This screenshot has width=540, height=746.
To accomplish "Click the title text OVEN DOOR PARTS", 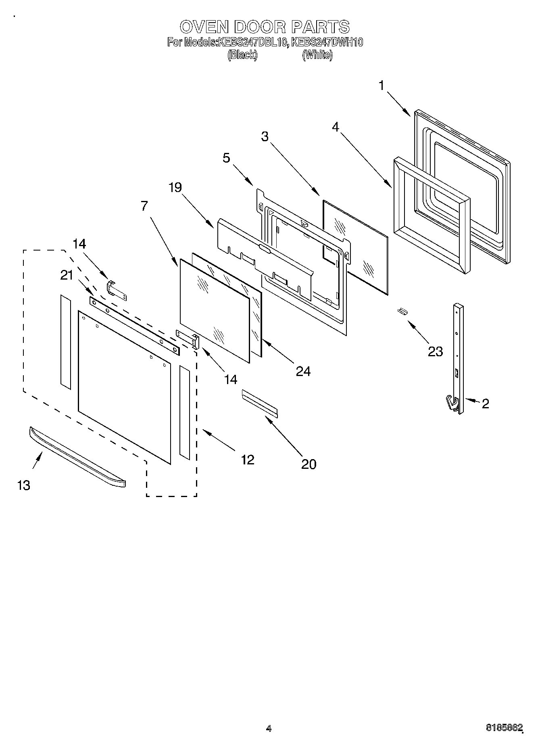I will point(265,27).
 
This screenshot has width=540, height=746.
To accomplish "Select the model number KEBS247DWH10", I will point(327,42).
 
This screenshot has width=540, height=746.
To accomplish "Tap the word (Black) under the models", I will point(242,55).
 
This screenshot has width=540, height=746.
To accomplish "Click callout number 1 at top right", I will point(381,86).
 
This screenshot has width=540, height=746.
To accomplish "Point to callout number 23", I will point(435,351).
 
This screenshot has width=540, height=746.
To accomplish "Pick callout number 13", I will point(23,485).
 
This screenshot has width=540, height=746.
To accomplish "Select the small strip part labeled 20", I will point(260,403).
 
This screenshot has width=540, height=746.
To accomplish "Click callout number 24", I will point(303,371).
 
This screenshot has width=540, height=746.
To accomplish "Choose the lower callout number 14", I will point(231,379).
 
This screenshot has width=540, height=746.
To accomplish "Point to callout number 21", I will point(67,275).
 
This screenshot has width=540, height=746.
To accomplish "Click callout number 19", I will point(175,187).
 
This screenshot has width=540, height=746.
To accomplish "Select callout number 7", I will point(144,206).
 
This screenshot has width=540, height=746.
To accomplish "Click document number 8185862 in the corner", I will point(504,728).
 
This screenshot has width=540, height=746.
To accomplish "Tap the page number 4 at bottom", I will point(269,728).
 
